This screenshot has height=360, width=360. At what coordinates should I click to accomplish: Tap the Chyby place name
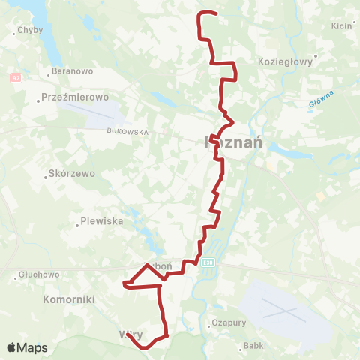pos(30,31)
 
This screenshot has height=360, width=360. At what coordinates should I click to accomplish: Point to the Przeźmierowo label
pos(76,97)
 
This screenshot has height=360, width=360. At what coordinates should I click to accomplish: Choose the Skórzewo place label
pos(73,172)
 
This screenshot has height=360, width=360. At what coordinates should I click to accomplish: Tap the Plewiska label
pos(100,222)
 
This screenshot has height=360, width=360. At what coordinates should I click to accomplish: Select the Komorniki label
pos(69,298)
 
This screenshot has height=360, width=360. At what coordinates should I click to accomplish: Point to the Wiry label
pos(130,334)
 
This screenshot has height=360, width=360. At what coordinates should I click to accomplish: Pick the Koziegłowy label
pos(284,62)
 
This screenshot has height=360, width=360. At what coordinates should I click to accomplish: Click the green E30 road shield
pos(208,262)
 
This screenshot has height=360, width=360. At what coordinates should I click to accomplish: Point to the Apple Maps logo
pos(27,348)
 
